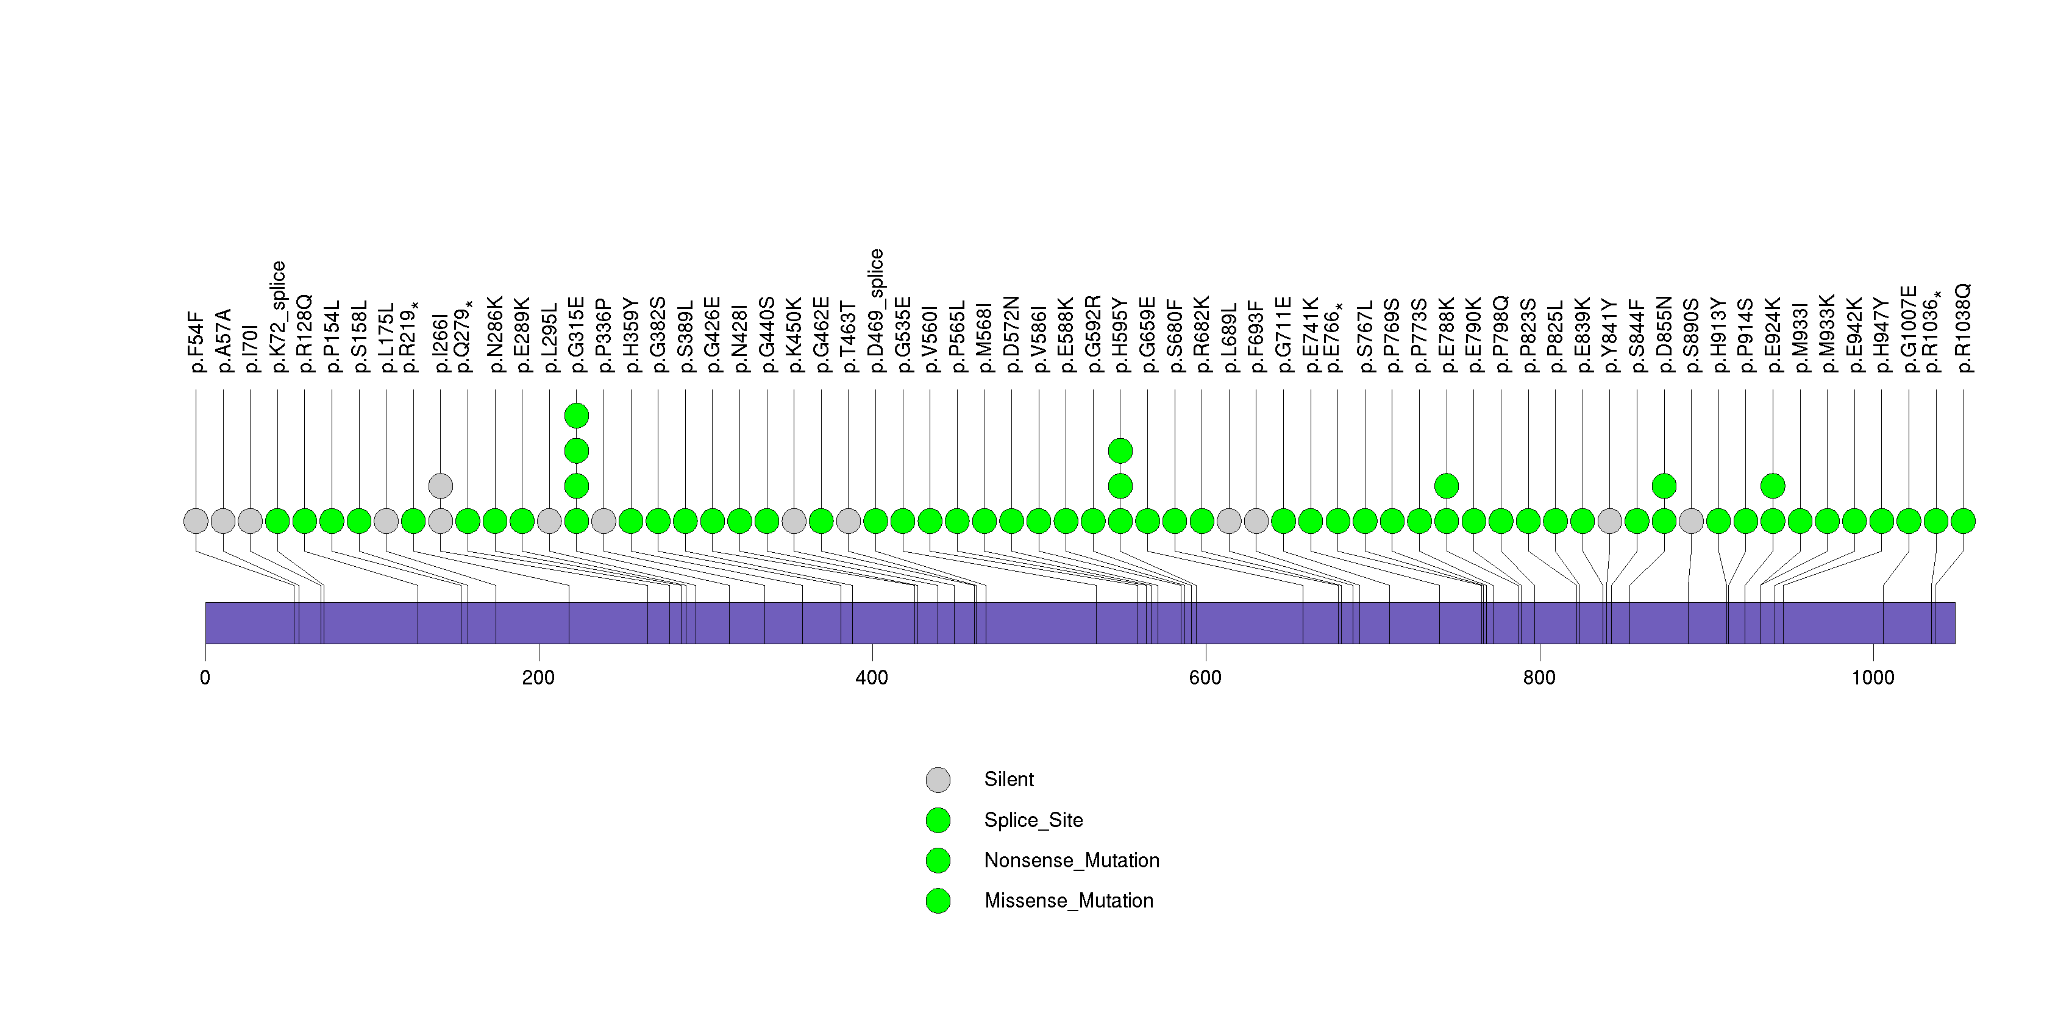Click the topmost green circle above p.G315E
[576, 415]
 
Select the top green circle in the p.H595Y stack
[1120, 450]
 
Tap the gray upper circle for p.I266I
[440, 486]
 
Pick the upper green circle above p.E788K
[1446, 486]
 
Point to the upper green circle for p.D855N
[1664, 486]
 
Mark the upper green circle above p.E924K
[1772, 486]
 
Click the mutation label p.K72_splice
[278, 317]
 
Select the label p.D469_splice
[875, 311]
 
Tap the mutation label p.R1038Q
[1963, 328]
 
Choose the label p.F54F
[196, 343]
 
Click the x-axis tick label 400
[872, 678]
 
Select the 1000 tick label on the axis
[1873, 678]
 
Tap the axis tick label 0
[205, 678]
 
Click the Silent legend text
[1008, 780]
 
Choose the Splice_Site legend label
[1033, 820]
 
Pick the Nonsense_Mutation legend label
[1071, 861]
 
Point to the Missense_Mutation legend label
[1068, 901]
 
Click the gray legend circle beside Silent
[938, 780]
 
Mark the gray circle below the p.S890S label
[1690, 521]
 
